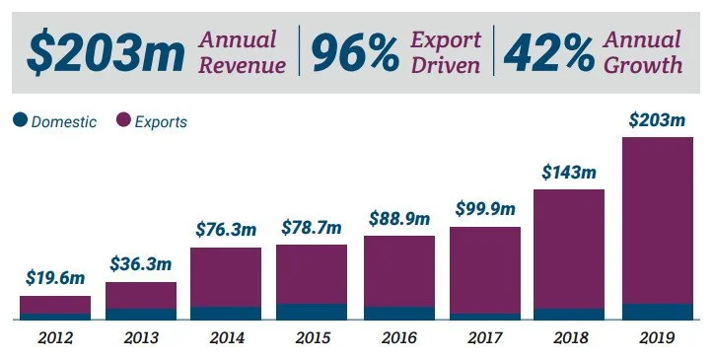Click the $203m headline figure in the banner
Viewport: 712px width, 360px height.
(106, 53)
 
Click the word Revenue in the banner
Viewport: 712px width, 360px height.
(244, 65)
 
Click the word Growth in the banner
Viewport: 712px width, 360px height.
(641, 65)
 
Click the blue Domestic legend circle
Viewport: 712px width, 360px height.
(20, 121)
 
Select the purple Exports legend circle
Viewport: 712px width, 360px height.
(124, 121)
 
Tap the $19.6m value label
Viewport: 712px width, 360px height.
(55, 279)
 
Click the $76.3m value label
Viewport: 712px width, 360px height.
(226, 230)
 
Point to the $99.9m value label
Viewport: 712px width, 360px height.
(485, 208)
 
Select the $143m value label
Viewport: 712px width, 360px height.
(569, 172)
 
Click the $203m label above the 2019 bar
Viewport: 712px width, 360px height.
(656, 120)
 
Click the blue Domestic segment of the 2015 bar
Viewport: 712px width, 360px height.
(311, 312)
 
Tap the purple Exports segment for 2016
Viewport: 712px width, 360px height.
(398, 271)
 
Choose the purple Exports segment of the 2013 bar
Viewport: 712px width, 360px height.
(141, 295)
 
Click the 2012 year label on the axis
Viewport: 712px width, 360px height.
(55, 337)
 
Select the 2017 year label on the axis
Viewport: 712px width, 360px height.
(485, 337)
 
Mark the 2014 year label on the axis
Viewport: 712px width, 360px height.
(226, 337)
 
